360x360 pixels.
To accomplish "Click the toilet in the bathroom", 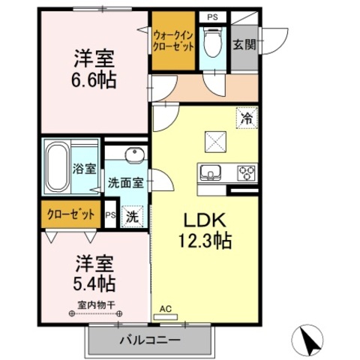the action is (x=213, y=43).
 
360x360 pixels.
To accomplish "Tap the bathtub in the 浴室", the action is (x=58, y=167).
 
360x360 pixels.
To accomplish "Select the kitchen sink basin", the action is (x=211, y=172).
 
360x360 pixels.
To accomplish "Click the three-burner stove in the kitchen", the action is (x=247, y=173).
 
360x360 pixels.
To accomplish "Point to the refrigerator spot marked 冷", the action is (x=247, y=118).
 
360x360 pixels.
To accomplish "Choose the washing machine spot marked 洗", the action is (x=132, y=217).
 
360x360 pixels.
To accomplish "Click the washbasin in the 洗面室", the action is (x=135, y=155).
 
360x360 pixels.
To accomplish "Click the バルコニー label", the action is (x=150, y=340).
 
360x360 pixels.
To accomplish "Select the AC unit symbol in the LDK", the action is (x=166, y=317).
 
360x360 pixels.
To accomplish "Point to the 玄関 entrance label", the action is (x=244, y=45).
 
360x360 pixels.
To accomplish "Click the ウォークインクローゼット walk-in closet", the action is (x=173, y=40).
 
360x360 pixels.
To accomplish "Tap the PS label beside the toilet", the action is (x=212, y=17).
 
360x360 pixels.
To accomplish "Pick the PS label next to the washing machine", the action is (x=110, y=214).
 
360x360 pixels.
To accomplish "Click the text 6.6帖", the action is (x=94, y=79).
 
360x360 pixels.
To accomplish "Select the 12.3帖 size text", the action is (x=205, y=241).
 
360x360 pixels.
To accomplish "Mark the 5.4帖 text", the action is (x=94, y=283).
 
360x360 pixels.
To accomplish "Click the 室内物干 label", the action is (x=96, y=305).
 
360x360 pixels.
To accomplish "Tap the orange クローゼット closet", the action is (x=71, y=214).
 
